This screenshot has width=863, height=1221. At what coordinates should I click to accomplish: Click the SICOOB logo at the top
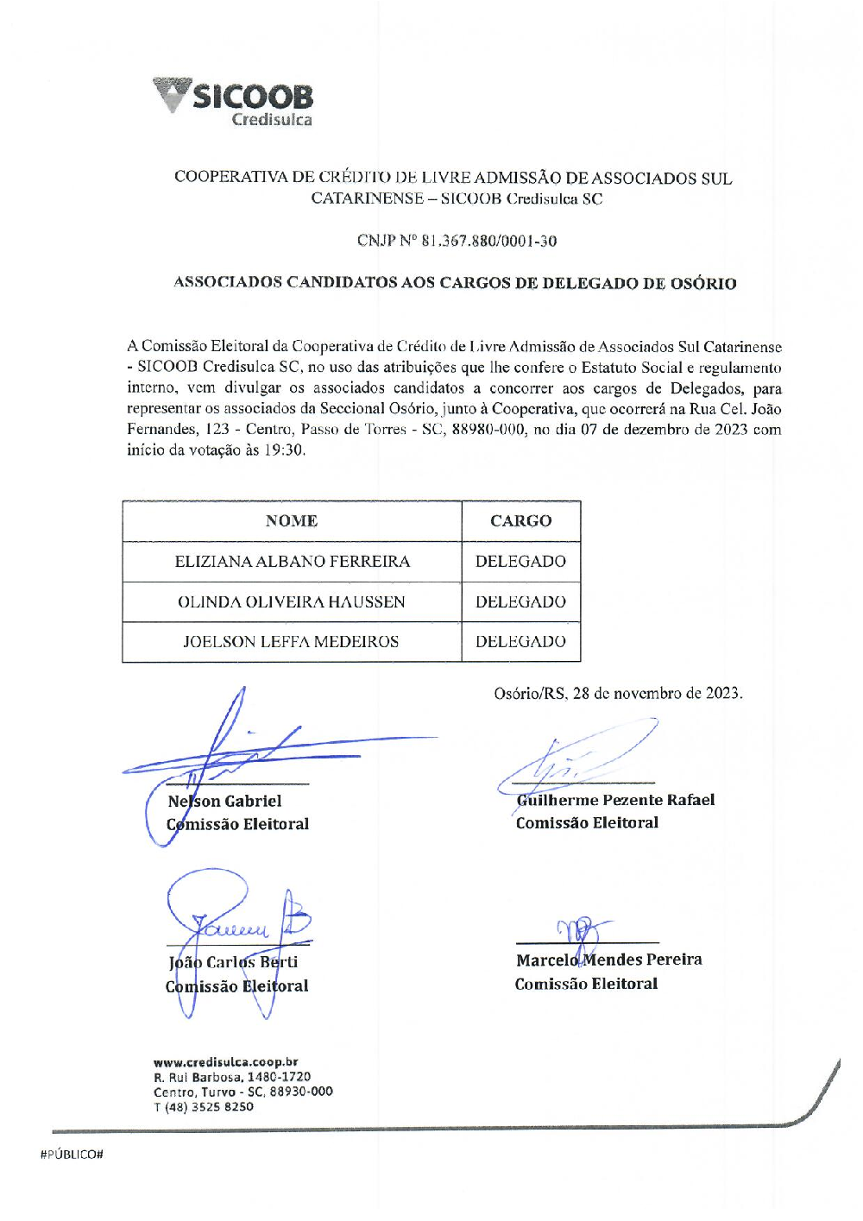click(233, 102)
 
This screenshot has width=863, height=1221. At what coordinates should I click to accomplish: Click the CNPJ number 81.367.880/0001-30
click(488, 241)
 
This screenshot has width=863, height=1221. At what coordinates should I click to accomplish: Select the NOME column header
click(292, 521)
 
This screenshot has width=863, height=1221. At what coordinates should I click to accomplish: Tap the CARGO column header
click(520, 521)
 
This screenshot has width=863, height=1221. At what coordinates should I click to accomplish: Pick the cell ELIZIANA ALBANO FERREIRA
click(292, 562)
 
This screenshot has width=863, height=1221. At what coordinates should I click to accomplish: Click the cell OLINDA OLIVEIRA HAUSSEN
click(292, 602)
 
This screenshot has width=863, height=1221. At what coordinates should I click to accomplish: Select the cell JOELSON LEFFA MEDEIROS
click(292, 642)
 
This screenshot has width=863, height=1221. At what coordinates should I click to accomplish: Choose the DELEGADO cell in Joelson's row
click(520, 642)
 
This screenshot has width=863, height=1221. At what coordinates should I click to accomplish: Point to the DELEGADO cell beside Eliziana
click(520, 562)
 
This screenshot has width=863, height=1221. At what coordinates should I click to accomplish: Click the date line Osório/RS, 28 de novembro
click(617, 693)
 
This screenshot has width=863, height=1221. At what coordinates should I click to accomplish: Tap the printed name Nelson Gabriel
click(225, 802)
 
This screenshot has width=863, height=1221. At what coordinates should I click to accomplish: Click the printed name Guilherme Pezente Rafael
click(615, 800)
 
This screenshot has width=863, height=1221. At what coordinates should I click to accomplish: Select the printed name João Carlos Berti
click(233, 962)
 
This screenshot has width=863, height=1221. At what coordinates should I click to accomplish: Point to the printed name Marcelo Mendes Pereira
click(609, 960)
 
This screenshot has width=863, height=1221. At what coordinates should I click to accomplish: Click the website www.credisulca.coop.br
click(226, 1062)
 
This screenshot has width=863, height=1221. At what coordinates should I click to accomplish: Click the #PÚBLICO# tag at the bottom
click(72, 1155)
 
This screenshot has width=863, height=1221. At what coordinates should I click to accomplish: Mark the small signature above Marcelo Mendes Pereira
click(581, 932)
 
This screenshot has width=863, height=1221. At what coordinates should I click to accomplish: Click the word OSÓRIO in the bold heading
click(702, 283)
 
